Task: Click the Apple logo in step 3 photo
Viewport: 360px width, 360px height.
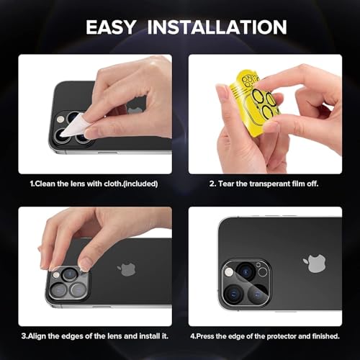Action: (127, 269)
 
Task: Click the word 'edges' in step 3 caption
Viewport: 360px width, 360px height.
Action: (76, 336)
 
